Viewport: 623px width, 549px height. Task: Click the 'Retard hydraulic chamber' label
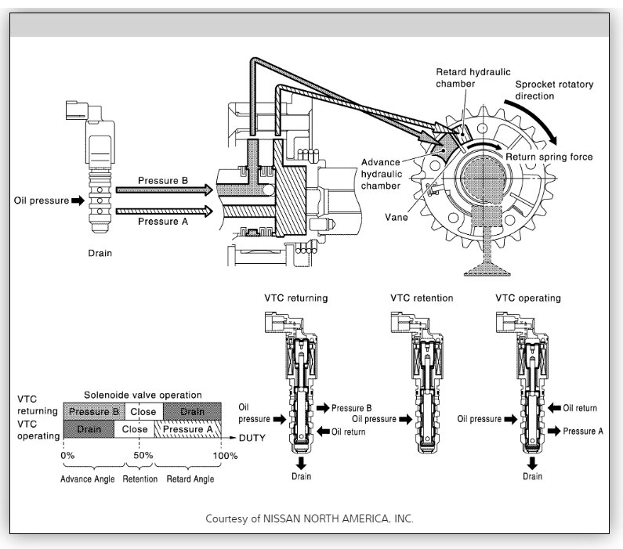(467, 78)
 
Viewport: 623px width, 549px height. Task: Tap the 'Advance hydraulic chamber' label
(382, 173)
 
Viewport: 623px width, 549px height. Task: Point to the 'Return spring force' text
(549, 157)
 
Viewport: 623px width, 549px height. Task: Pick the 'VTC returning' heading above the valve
(296, 298)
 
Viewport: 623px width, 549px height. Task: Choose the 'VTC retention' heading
(422, 298)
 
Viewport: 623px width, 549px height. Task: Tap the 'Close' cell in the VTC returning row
(141, 411)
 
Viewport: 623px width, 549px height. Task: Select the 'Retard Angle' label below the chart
(188, 479)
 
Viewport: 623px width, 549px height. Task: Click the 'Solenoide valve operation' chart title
(143, 394)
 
